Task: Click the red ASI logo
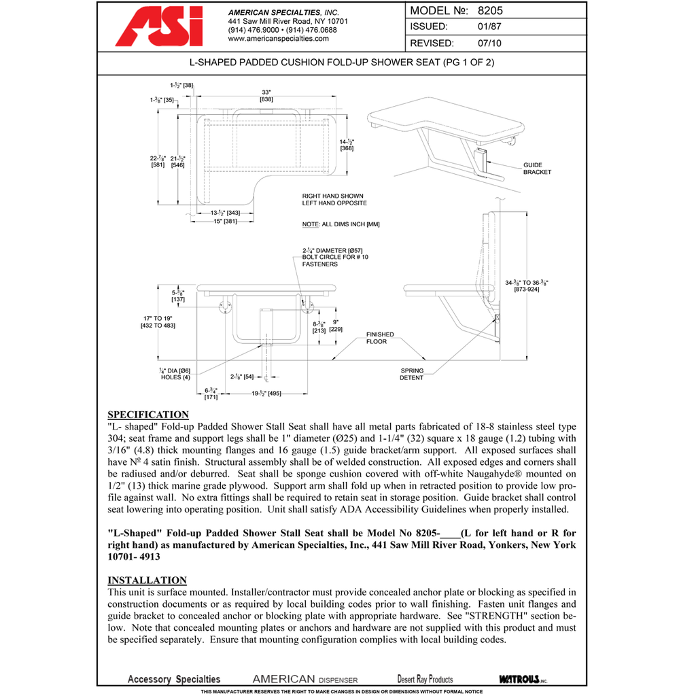coord(159,27)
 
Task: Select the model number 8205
coord(489,11)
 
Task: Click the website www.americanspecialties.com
coord(278,39)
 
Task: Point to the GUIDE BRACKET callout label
coord(537,169)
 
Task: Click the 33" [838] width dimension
coord(266,95)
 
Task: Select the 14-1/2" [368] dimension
coord(347,144)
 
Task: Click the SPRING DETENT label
coord(411,375)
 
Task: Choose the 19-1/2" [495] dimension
coord(266,393)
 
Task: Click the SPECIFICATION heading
coord(148,415)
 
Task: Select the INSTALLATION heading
coord(147,580)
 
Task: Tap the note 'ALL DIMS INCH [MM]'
coord(341,224)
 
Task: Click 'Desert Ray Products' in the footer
coord(425,679)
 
